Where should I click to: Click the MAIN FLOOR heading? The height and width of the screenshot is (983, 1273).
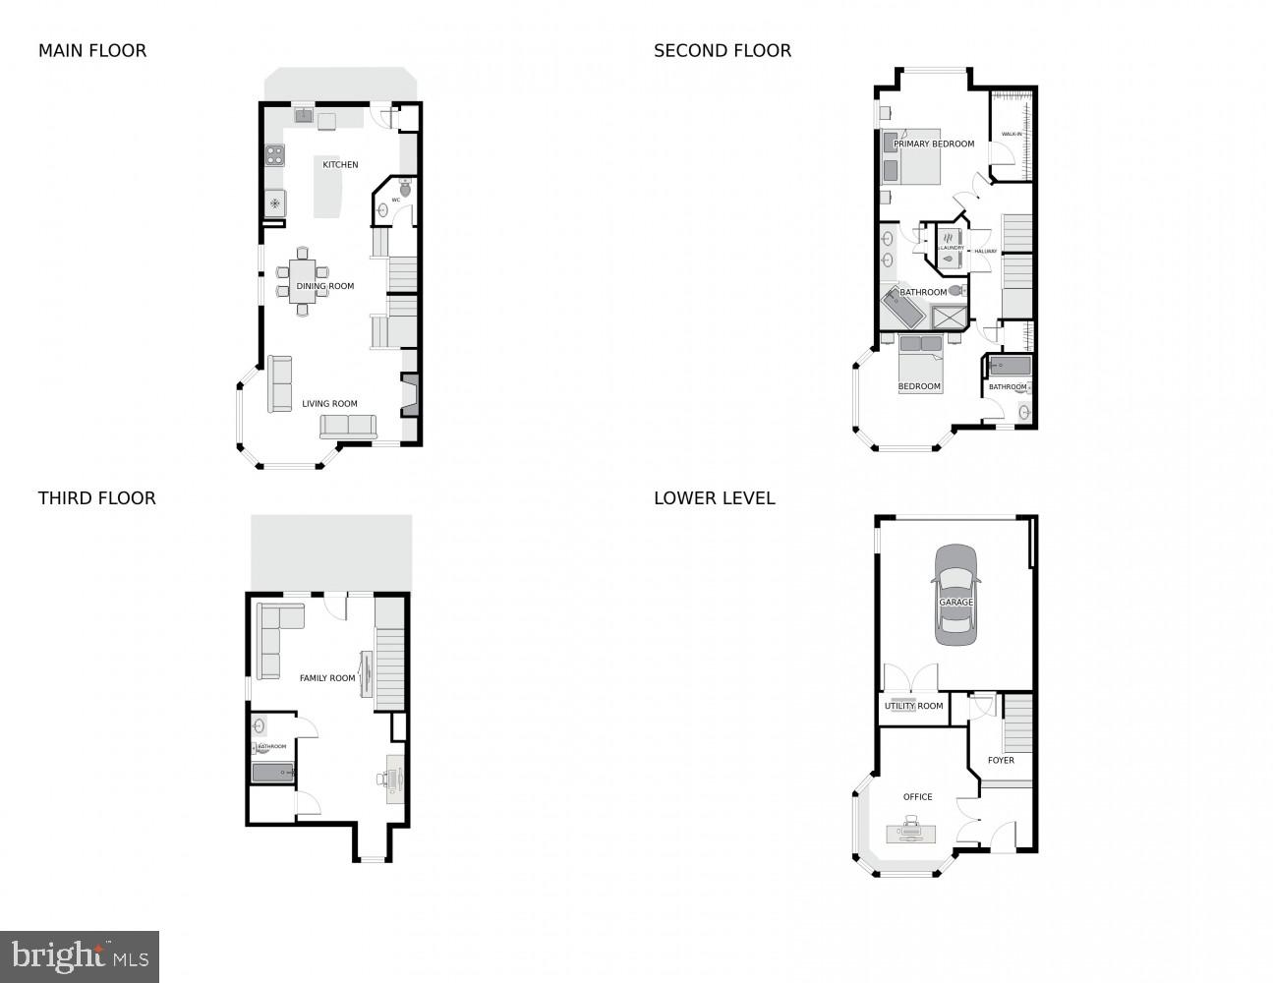[x=92, y=51]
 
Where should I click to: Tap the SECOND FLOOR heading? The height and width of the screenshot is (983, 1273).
[x=723, y=51]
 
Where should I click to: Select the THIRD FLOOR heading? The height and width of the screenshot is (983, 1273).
[x=97, y=498]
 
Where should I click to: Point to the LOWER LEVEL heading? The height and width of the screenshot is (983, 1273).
[x=715, y=498]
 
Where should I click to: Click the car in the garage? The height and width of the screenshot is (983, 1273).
[x=955, y=595]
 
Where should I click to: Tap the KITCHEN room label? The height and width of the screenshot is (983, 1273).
[x=340, y=165]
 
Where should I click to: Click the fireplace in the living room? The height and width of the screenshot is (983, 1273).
[x=410, y=396]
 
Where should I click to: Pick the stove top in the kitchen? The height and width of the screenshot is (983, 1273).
[x=274, y=155]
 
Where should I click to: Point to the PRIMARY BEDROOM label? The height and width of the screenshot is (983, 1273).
[x=934, y=145]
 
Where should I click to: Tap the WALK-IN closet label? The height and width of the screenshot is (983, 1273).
[x=1012, y=134]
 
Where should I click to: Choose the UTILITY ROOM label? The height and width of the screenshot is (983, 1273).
[x=913, y=706]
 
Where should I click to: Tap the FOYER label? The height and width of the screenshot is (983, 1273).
[x=1001, y=760]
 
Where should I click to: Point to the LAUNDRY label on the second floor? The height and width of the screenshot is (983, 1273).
[x=951, y=248]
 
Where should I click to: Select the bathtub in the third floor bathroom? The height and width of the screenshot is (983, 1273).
[x=273, y=773]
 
